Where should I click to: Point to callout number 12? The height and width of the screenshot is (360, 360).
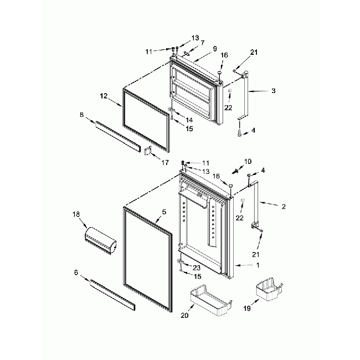(x=103, y=96)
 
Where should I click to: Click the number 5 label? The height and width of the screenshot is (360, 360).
(x=164, y=212)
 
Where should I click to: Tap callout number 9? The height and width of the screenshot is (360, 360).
(x=214, y=48)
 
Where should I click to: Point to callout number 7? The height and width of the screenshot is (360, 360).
(x=203, y=43)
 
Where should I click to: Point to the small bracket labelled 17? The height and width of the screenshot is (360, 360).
(x=148, y=151)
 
